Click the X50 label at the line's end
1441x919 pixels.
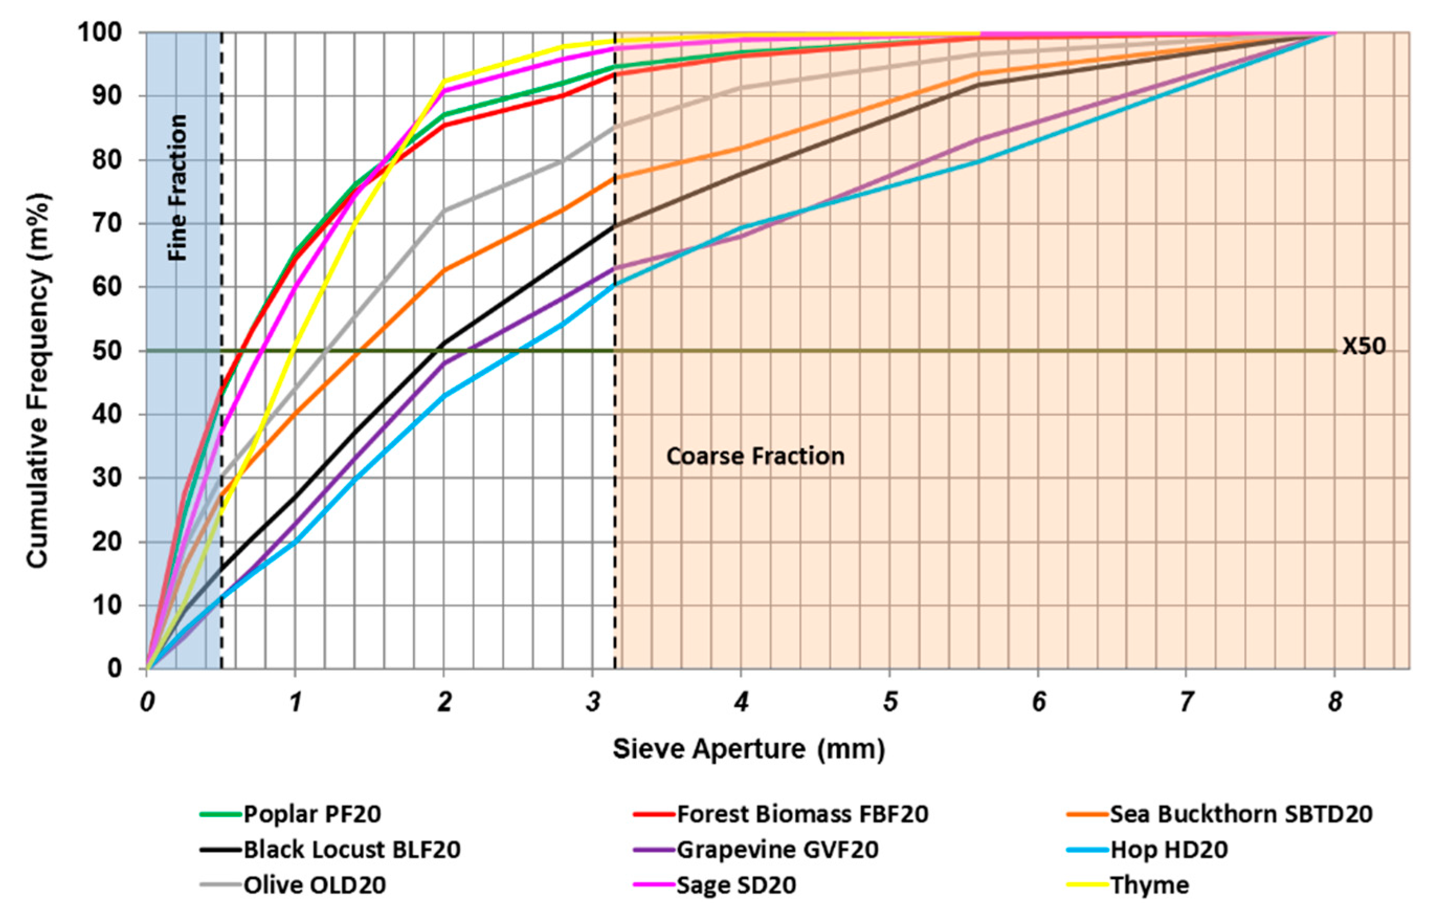(x=1362, y=347)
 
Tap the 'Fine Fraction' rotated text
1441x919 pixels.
(x=178, y=187)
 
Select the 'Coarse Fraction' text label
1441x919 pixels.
(x=755, y=456)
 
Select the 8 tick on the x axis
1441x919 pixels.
(x=1334, y=702)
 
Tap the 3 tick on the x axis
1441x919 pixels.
(x=593, y=702)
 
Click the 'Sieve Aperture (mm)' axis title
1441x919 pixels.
(x=749, y=749)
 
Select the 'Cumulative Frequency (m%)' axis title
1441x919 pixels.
(x=37, y=350)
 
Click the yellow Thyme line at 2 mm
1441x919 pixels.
(x=443, y=80)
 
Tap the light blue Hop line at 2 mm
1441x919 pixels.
(x=443, y=396)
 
